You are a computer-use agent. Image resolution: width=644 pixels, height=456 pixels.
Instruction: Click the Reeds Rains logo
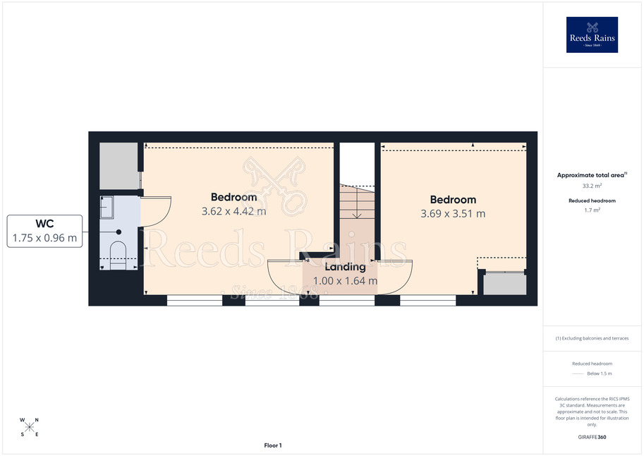(x=592, y=35)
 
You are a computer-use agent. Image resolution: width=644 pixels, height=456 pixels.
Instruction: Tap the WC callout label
(x=44, y=231)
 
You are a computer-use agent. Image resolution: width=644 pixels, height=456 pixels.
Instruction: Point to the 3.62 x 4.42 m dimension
(x=233, y=211)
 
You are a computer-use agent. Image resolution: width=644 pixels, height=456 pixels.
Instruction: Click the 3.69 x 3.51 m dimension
(x=453, y=214)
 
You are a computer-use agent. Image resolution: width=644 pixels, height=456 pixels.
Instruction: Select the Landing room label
(x=345, y=267)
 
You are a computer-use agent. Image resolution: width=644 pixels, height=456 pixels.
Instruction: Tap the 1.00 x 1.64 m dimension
(x=345, y=281)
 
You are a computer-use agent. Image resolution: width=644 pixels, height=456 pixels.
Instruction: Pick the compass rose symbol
(x=29, y=427)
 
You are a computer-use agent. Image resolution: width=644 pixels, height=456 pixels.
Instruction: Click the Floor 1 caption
(x=273, y=445)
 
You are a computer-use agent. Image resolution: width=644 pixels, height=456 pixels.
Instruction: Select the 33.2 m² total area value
(x=592, y=186)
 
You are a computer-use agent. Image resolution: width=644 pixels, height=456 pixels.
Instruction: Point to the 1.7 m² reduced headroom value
(x=592, y=210)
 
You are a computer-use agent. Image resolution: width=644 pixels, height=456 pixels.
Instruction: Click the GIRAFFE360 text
(x=592, y=437)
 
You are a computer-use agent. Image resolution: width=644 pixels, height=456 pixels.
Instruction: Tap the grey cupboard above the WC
(x=119, y=166)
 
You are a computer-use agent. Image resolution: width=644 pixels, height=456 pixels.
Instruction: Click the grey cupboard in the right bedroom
(x=505, y=284)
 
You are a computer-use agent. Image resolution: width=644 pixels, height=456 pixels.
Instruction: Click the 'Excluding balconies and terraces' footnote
(x=592, y=338)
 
